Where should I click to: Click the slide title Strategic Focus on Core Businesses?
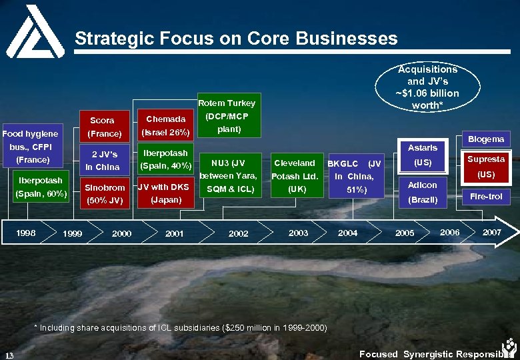(236, 38)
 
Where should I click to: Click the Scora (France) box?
(102, 127)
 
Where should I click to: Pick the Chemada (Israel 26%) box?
(165, 125)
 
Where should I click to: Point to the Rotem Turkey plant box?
(227, 116)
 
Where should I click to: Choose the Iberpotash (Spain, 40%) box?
(165, 159)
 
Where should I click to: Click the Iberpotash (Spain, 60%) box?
(41, 187)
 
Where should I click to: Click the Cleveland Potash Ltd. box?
(295, 176)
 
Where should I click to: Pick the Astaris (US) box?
(423, 155)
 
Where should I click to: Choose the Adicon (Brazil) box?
(423, 192)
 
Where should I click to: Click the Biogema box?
(486, 139)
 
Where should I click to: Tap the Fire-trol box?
(486, 197)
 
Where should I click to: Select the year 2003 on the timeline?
(298, 233)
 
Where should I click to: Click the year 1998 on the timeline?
(27, 233)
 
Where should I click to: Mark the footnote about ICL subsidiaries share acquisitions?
(180, 327)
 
